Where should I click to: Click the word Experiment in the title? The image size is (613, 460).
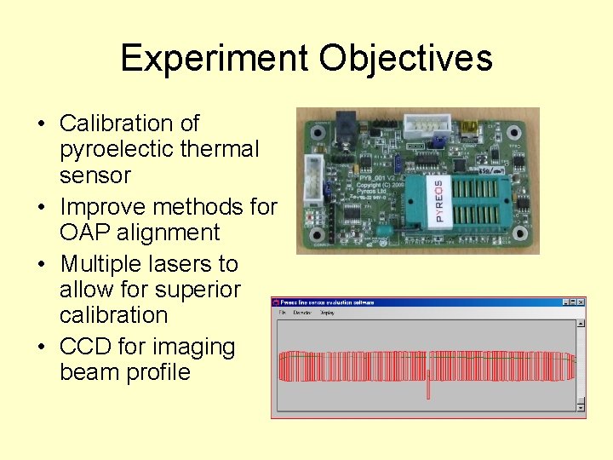(x=214, y=59)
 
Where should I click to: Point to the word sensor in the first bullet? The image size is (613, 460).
(x=95, y=175)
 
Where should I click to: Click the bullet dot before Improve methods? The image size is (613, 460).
(x=41, y=207)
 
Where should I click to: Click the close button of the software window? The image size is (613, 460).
(x=581, y=302)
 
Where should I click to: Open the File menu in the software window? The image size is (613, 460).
(x=280, y=313)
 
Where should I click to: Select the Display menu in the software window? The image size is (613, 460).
(x=327, y=313)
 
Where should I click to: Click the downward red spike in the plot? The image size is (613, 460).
(x=428, y=389)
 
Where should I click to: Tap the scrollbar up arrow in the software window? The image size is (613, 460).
(x=581, y=324)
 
